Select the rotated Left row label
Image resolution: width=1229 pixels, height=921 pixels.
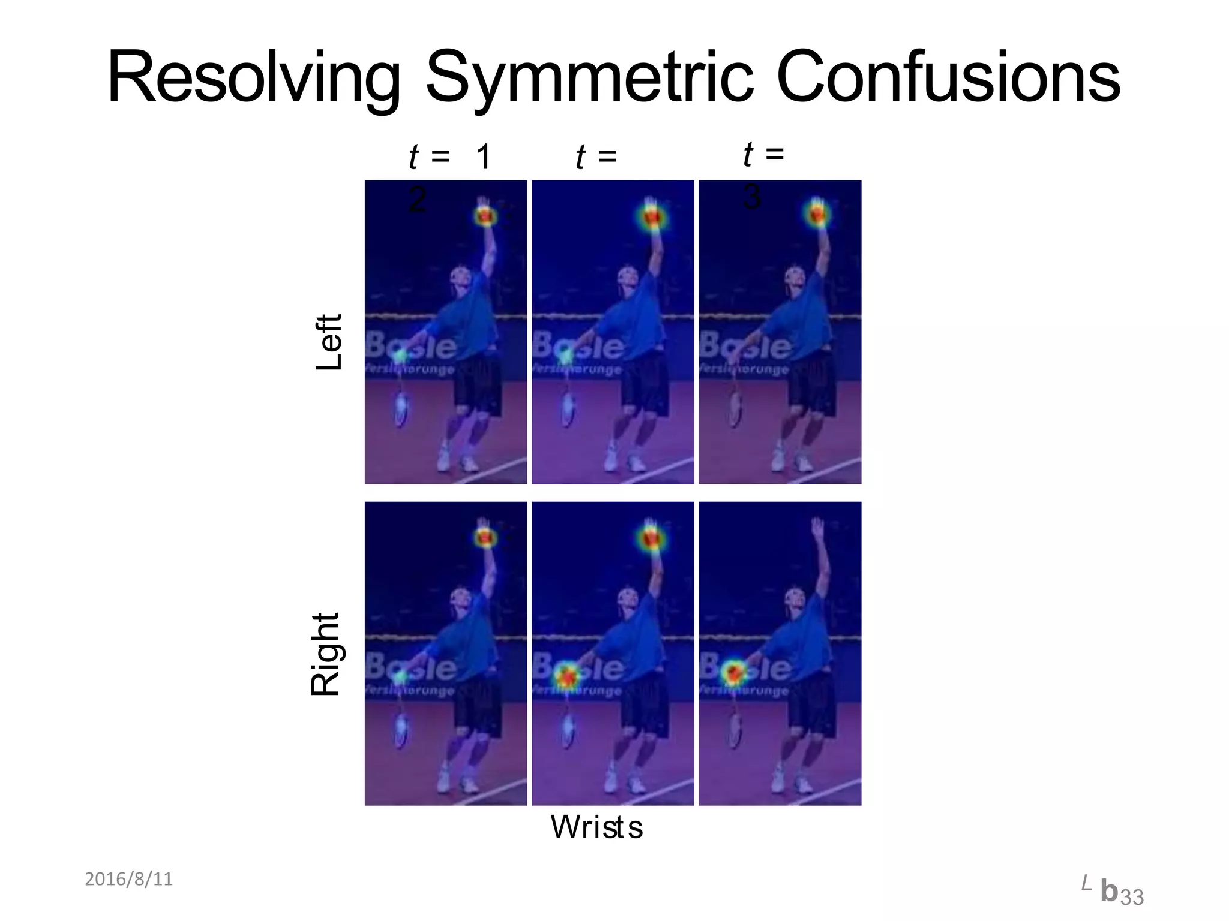[329, 342]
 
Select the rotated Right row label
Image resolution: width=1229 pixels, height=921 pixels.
[326, 654]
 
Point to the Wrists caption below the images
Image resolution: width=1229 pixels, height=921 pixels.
[596, 827]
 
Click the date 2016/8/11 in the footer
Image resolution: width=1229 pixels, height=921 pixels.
[128, 879]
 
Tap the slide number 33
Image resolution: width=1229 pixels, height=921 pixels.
[1132, 898]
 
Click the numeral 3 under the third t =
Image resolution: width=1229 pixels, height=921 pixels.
[752, 197]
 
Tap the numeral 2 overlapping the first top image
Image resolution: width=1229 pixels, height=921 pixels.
[417, 199]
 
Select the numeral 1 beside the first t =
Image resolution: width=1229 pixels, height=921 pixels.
[483, 158]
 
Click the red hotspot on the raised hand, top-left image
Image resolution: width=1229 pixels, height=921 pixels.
[485, 215]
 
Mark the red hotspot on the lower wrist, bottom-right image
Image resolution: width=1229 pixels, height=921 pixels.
[733, 672]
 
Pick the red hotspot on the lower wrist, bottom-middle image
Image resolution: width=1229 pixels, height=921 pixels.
[566, 675]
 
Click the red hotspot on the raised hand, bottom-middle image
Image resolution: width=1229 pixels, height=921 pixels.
[651, 535]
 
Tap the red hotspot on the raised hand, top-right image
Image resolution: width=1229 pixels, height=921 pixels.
[816, 213]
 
